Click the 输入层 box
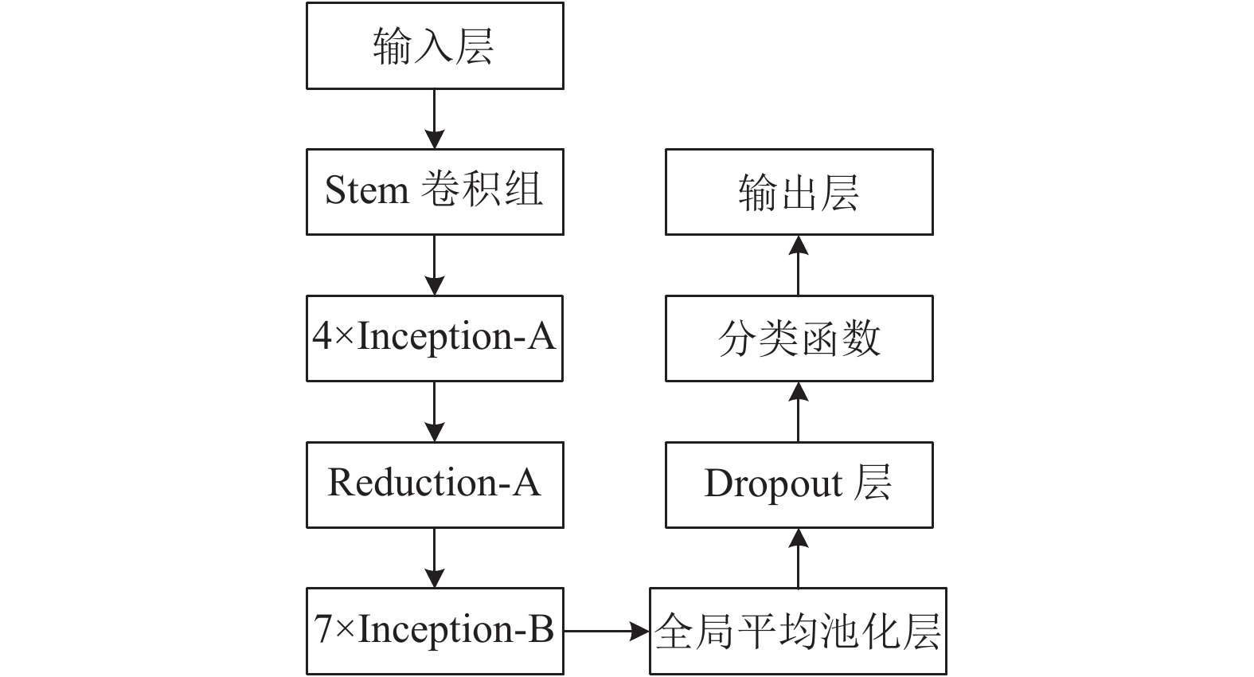pos(435,46)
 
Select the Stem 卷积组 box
pos(435,192)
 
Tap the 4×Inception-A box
pos(435,338)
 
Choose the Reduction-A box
pos(435,485)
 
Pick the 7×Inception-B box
pos(435,631)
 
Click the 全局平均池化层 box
pos(799,631)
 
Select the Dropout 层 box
pos(799,485)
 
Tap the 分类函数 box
pos(799,338)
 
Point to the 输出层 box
pos(799,192)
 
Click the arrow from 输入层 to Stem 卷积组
pos(435,119)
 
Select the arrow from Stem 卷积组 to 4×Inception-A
pos(435,265)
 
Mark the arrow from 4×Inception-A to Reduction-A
pos(435,412)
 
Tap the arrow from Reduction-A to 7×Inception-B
pos(435,558)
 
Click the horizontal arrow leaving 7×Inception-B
pos(607,631)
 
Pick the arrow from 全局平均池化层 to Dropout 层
pos(799,558)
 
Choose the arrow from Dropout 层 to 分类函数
pos(799,412)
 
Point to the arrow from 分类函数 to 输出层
pos(799,265)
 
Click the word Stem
pos(367,190)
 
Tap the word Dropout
pos(772,483)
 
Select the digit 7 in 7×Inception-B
pos(323,628)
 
